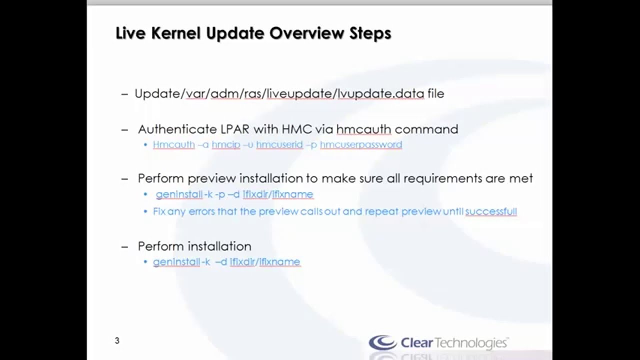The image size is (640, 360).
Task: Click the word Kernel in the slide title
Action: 168,33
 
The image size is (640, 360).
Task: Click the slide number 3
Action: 117,341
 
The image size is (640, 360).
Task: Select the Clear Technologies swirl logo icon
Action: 382,342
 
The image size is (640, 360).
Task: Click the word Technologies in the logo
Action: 472,343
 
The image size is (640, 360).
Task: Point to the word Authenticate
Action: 177,129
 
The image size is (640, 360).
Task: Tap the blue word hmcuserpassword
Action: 361,145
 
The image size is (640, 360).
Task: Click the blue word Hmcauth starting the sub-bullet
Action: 173,145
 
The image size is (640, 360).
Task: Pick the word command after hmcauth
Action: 426,129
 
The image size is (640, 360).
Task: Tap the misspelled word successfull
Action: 491,211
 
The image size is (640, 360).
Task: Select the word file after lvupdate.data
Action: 435,93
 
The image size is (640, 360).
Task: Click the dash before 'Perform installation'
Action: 125,246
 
